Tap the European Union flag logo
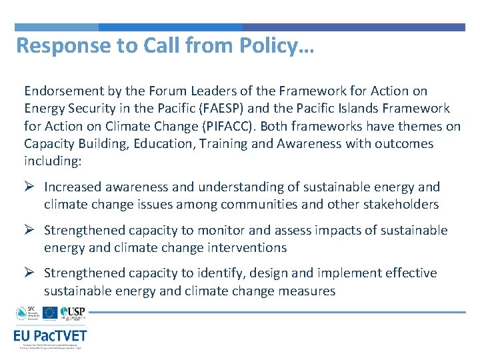pyautogui.click(x=49, y=313)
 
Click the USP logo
pyautogui.click(x=72, y=313)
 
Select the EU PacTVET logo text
pyautogui.click(x=50, y=336)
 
